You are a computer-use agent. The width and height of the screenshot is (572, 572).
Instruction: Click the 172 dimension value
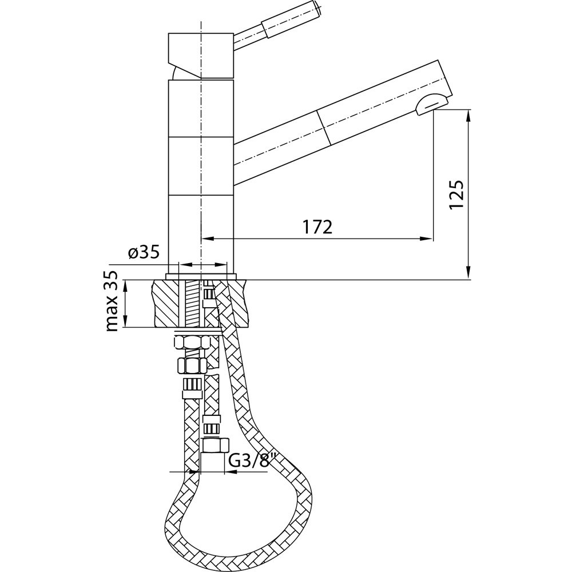point(317,227)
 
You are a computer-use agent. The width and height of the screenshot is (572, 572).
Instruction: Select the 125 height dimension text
point(456,194)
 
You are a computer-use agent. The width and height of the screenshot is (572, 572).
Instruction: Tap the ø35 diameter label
point(144,252)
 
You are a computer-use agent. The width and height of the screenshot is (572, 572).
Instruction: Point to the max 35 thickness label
point(112,301)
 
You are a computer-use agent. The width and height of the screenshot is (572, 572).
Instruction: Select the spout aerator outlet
point(432,103)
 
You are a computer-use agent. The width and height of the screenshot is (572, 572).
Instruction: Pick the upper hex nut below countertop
point(193,343)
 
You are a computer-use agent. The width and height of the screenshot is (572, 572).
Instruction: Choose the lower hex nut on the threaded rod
point(192,365)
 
